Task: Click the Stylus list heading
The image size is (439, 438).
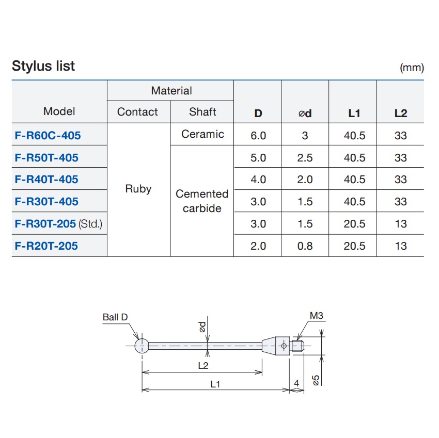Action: [43, 66]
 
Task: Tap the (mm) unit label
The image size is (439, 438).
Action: [412, 68]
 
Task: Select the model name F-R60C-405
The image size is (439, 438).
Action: [48, 136]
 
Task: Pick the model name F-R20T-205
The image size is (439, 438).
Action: [46, 246]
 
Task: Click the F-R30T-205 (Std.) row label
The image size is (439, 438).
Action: [58, 224]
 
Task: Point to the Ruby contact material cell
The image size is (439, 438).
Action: [138, 189]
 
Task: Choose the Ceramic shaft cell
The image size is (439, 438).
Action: [202, 134]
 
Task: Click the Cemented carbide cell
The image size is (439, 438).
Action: [202, 201]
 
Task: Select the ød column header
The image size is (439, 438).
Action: [305, 113]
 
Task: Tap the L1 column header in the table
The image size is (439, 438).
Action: [354, 113]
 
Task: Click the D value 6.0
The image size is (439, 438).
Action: [258, 136]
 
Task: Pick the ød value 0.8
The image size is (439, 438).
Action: [305, 246]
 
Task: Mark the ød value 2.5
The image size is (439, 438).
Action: [305, 158]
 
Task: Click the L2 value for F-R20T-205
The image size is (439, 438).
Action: [400, 246]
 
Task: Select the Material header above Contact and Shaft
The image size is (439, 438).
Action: [171, 91]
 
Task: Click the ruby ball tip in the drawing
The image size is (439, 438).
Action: [142, 345]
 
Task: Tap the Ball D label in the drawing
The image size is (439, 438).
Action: [115, 317]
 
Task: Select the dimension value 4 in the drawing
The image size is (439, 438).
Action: [296, 383]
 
